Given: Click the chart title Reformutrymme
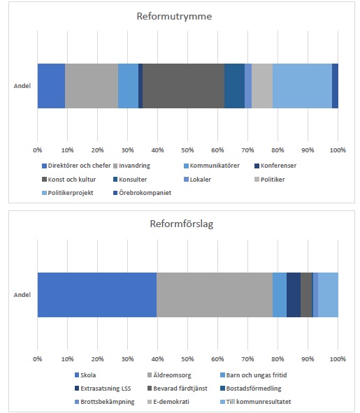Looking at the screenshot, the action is [x=174, y=16].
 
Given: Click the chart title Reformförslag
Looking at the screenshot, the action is [x=182, y=224].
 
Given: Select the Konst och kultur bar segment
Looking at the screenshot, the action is [x=183, y=86].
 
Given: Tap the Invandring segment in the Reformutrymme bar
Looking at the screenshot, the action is [x=92, y=86].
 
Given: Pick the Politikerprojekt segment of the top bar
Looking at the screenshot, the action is [x=302, y=86].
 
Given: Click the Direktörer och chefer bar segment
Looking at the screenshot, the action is [x=52, y=86].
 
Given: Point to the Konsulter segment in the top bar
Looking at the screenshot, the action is [x=235, y=86].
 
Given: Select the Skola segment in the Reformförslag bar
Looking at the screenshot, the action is [x=97, y=295].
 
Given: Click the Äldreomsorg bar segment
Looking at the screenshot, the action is [x=215, y=295].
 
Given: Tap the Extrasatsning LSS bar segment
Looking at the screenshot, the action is [x=294, y=295].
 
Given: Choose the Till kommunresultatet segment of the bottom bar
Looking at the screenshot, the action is [x=328, y=295].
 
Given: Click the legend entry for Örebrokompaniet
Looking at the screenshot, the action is [x=143, y=193].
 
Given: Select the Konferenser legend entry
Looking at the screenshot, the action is [x=275, y=166].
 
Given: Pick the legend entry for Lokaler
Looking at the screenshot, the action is [x=197, y=180].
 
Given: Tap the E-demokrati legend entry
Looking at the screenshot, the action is [x=168, y=402].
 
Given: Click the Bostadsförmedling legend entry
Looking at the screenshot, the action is [x=251, y=389].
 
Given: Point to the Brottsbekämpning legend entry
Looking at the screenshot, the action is [x=105, y=402].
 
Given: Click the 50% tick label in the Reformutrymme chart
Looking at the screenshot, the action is [x=187, y=150].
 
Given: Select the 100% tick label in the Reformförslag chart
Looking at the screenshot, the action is [x=338, y=359].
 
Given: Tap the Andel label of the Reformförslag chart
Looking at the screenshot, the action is [x=22, y=295].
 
